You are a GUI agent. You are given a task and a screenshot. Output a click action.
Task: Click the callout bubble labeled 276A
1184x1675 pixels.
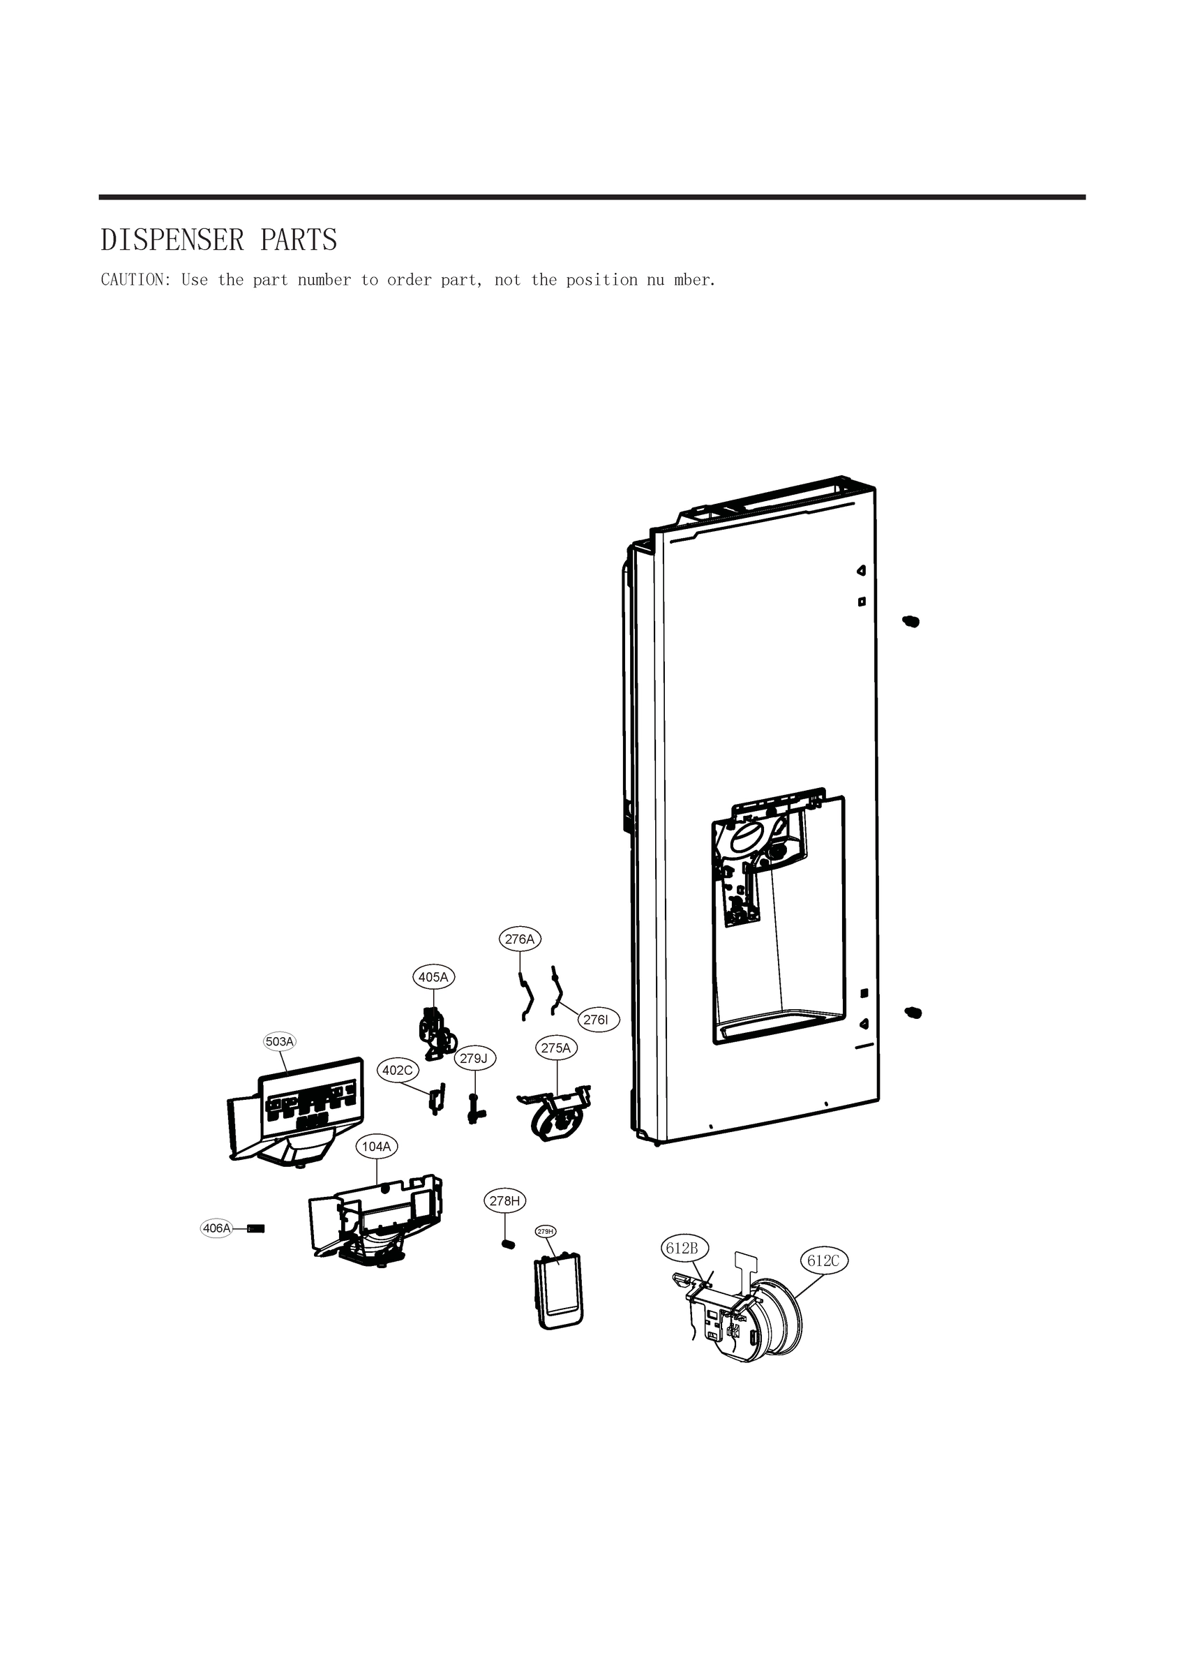point(520,939)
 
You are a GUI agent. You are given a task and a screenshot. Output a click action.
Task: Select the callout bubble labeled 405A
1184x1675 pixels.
point(433,977)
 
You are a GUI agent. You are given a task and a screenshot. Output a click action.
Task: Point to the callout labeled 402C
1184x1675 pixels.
point(398,1070)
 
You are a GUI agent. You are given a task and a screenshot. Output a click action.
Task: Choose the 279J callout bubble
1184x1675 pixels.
point(475,1058)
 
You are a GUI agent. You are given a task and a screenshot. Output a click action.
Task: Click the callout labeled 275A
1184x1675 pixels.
point(556,1048)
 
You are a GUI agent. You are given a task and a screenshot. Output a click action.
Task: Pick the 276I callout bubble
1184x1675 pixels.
point(595,1020)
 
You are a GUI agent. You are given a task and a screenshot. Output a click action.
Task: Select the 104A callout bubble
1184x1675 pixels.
point(377,1147)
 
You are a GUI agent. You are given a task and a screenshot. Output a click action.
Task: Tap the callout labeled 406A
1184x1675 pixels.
point(217,1228)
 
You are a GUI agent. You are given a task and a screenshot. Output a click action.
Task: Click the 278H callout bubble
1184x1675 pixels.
point(505,1201)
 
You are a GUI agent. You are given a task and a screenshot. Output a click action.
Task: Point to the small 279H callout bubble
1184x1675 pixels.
point(546,1231)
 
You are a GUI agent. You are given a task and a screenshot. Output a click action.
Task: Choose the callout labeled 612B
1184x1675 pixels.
point(682,1249)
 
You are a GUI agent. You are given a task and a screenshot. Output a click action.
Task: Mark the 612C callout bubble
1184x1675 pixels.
point(823,1260)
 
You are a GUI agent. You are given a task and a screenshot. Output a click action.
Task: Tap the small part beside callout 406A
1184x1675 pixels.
point(256,1228)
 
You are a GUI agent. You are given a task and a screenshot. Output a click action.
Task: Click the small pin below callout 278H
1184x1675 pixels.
point(509,1244)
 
